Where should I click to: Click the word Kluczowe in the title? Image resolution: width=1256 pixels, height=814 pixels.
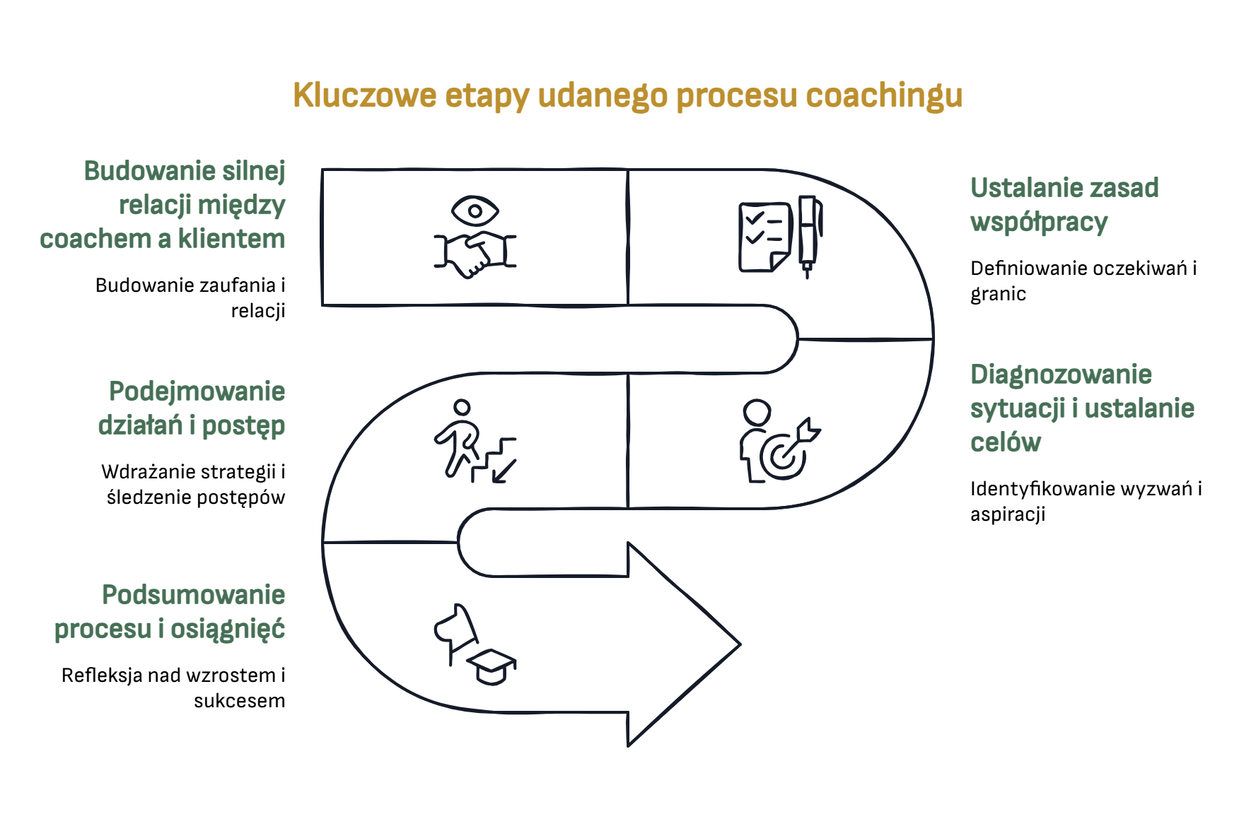point(365,95)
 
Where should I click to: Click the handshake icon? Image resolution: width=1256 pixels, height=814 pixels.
point(475,255)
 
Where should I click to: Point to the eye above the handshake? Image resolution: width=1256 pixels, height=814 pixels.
point(475,211)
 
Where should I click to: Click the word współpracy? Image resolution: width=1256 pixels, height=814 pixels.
point(1038,222)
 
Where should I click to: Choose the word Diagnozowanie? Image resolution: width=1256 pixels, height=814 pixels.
point(1061,374)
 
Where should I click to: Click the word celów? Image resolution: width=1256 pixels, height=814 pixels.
point(1005,442)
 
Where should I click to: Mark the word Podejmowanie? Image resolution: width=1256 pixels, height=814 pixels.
point(197,391)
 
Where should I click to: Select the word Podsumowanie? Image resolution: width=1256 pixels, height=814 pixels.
point(193,595)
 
